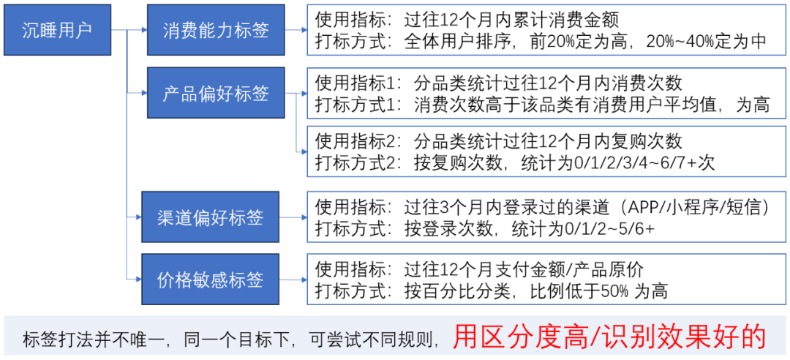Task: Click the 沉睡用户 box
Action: (57, 30)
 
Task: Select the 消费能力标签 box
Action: (216, 30)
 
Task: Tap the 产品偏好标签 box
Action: (216, 93)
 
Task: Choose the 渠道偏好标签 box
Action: (210, 217)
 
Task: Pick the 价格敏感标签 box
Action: (210, 280)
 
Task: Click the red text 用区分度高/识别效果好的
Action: (609, 337)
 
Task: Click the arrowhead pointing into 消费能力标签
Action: (144, 30)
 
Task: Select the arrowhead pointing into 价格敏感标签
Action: (138, 280)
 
